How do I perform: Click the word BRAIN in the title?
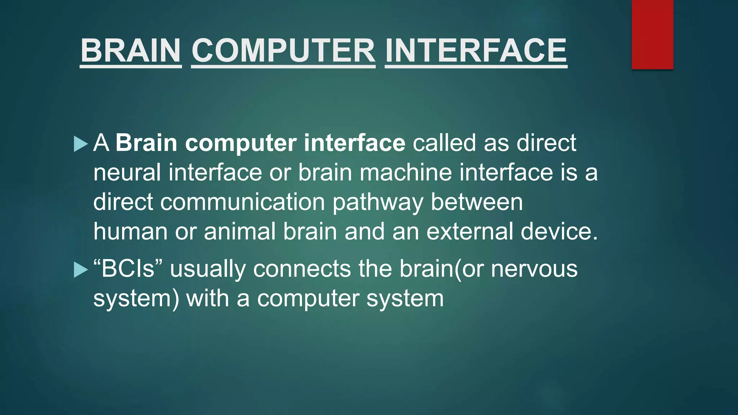pyautogui.click(x=130, y=51)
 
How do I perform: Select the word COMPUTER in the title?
pyautogui.click(x=283, y=51)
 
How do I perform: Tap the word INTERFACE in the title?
pyautogui.click(x=476, y=51)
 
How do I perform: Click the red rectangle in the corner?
pyautogui.click(x=652, y=34)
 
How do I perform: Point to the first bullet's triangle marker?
pyautogui.click(x=80, y=144)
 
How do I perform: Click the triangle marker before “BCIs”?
pyautogui.click(x=80, y=270)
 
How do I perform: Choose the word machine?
pyautogui.click(x=405, y=173)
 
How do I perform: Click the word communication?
pyautogui.click(x=243, y=202)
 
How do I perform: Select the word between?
pyautogui.click(x=477, y=202)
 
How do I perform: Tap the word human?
pyautogui.click(x=130, y=232)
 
